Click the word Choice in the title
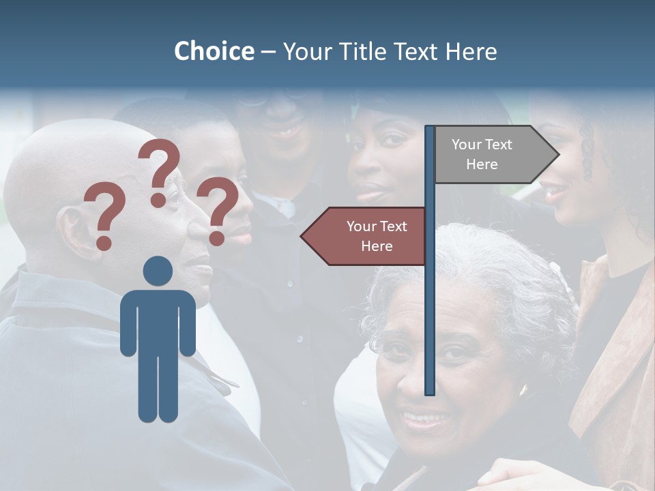pos(214,51)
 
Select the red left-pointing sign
pos(368,236)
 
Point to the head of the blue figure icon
pos(158,271)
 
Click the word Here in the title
pos(471,51)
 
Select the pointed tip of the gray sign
pos(557,155)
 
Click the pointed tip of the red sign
pos(302,236)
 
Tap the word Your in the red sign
pos(361,226)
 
